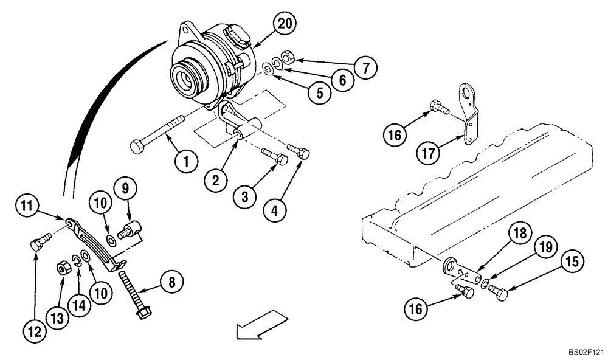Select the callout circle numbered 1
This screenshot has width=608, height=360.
[x=187, y=161]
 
